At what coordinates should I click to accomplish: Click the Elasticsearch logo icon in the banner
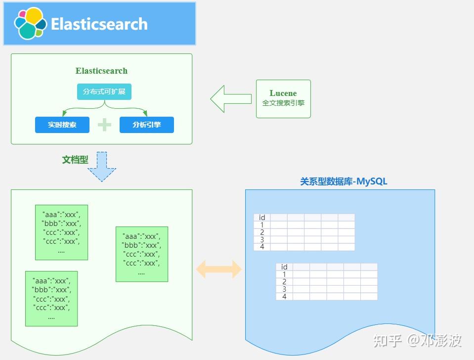click(x=30, y=23)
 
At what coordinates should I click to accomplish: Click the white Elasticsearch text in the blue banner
click(x=99, y=24)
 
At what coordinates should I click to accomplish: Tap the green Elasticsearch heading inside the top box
click(x=101, y=71)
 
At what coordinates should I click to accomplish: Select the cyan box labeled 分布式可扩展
click(x=104, y=92)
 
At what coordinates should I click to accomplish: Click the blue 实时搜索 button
click(x=62, y=125)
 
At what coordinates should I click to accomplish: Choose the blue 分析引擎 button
click(x=147, y=125)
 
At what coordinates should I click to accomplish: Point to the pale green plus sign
click(x=104, y=125)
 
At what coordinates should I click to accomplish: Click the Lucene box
click(x=283, y=98)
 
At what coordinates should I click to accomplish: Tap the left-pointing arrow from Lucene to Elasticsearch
click(x=230, y=99)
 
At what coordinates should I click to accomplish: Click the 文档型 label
click(x=75, y=160)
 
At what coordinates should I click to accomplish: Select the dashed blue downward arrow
click(x=102, y=167)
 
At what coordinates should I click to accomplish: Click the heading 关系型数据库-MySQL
click(x=344, y=181)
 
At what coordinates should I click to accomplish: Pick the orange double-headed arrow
click(x=219, y=270)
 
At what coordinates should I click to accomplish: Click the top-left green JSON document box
click(x=61, y=232)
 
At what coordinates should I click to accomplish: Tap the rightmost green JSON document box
click(x=141, y=254)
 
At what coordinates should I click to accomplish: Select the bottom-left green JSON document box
click(x=51, y=298)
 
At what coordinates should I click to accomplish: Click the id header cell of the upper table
click(x=262, y=218)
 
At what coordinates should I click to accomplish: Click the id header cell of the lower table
click(x=284, y=267)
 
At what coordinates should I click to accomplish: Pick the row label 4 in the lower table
click(x=284, y=297)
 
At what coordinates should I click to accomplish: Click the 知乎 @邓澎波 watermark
click(x=418, y=340)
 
